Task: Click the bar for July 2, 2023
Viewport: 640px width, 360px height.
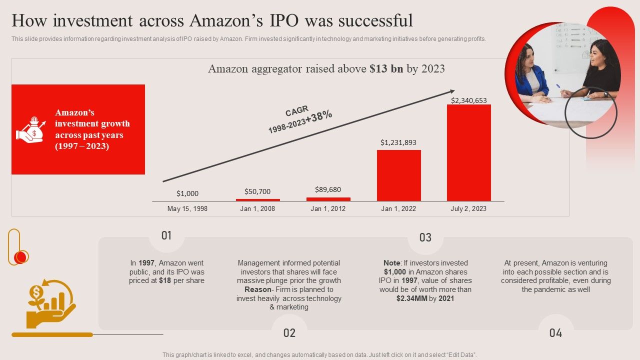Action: [468, 152]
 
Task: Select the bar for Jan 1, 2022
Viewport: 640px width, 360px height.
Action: [398, 175]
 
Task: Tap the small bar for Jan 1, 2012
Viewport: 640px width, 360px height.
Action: [328, 199]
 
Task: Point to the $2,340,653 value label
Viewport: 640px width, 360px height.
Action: [468, 100]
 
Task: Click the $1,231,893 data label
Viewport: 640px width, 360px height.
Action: [398, 142]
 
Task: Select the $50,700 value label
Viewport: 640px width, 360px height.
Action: [257, 191]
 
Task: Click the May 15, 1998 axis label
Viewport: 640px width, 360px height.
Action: [187, 208]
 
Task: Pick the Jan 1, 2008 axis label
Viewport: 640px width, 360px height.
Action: [257, 208]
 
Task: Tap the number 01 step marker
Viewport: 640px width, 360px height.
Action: [166, 235]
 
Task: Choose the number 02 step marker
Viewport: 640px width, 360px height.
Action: [289, 333]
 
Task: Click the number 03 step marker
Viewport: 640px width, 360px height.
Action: [425, 237]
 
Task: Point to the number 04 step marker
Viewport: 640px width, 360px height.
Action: [555, 333]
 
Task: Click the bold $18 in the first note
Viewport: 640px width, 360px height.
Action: [165, 281]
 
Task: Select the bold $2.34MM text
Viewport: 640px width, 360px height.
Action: [411, 298]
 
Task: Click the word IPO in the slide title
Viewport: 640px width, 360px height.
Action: [284, 20]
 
